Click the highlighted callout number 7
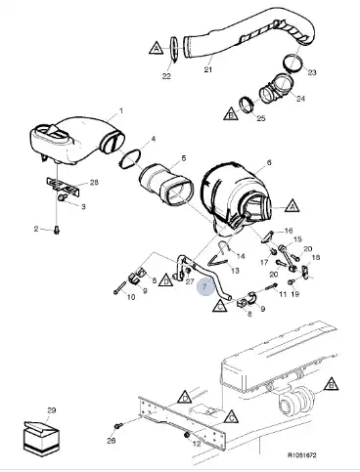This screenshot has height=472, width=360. pyautogui.click(x=204, y=286)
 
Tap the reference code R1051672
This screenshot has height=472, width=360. pyautogui.click(x=302, y=455)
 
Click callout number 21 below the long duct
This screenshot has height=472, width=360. pyautogui.click(x=208, y=69)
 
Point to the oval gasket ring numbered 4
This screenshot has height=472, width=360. pyautogui.click(x=130, y=159)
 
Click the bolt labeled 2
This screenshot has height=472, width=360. pyautogui.click(x=57, y=231)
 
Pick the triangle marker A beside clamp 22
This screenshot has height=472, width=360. pyautogui.click(x=157, y=48)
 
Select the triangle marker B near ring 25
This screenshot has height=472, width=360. pyautogui.click(x=231, y=113)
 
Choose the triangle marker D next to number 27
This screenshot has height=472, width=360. pyautogui.click(x=166, y=280)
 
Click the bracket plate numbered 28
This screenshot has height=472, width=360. pyautogui.click(x=64, y=187)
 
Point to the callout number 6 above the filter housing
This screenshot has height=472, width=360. pyautogui.click(x=269, y=162)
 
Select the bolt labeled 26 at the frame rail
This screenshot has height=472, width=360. pyautogui.click(x=118, y=426)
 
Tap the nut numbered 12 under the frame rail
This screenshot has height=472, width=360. pyautogui.click(x=187, y=435)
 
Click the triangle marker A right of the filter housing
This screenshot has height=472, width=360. pyautogui.click(x=292, y=206)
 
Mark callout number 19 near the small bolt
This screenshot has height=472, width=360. pyautogui.click(x=295, y=294)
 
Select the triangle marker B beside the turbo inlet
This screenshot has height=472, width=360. pyautogui.click(x=331, y=385)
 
